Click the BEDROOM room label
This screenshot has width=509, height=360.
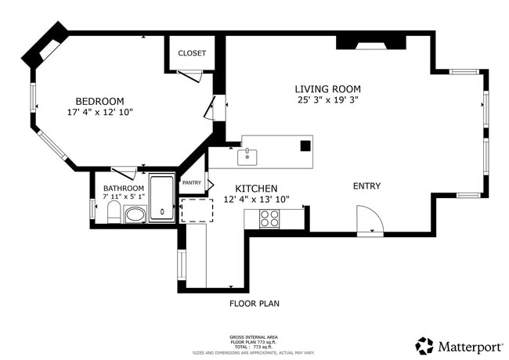(x=99, y=101)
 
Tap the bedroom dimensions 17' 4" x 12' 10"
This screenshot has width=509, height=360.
(x=99, y=113)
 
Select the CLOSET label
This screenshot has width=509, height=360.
(x=192, y=53)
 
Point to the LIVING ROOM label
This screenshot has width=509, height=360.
(x=327, y=89)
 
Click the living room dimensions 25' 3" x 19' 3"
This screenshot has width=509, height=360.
(x=327, y=100)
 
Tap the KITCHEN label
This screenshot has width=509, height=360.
(x=256, y=189)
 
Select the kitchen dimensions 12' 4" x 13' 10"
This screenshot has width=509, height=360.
(x=256, y=200)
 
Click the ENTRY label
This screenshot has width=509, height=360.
(x=366, y=186)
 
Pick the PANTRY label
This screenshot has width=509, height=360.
(x=192, y=183)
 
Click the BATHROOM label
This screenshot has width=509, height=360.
(x=124, y=189)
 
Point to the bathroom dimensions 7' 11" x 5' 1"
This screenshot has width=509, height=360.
(x=124, y=198)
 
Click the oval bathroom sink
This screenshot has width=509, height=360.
(x=135, y=214)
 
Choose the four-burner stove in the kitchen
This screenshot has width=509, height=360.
(x=270, y=218)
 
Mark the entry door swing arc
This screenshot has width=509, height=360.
(x=368, y=218)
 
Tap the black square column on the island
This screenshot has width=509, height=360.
(x=305, y=146)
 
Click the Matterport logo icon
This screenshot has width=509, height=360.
(x=424, y=346)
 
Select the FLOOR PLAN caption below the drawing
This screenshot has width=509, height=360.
(x=254, y=304)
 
